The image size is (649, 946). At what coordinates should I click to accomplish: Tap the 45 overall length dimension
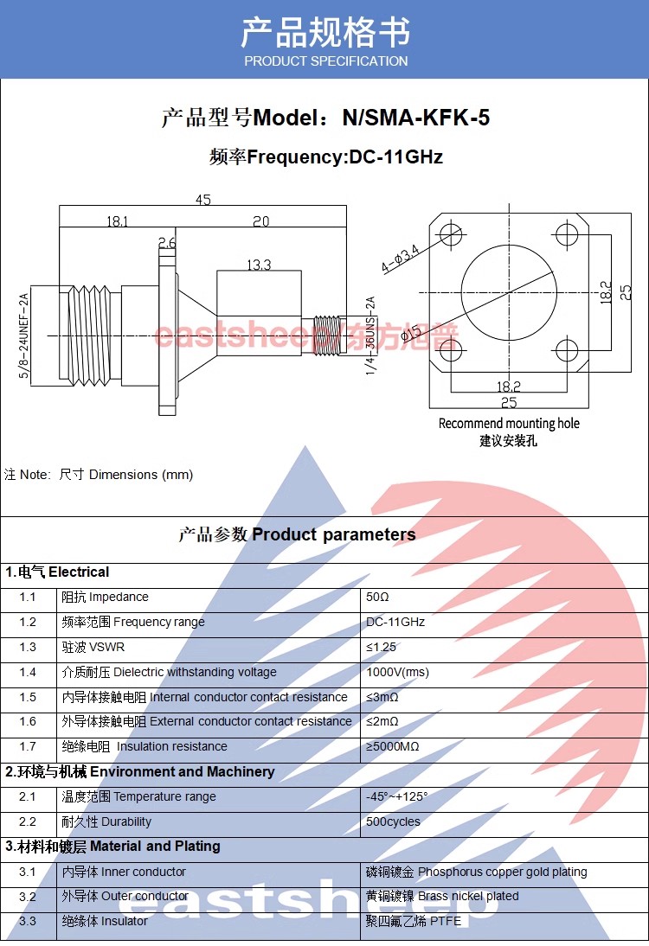click(x=203, y=200)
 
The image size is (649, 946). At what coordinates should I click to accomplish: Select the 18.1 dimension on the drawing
click(x=117, y=221)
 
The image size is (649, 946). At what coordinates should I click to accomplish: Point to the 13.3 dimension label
click(x=259, y=265)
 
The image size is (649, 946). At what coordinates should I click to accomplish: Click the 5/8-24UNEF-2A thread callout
click(x=24, y=336)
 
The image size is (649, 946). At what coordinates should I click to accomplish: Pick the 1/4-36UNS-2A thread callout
click(x=369, y=336)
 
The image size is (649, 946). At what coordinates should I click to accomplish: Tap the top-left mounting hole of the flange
click(x=450, y=233)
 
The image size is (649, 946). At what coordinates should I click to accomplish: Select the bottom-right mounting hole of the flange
click(x=566, y=350)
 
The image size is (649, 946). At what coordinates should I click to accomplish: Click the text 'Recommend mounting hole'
click(x=509, y=424)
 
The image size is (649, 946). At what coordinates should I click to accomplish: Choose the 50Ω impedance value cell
click(x=378, y=597)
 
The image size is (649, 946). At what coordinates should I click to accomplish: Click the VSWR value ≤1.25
click(x=381, y=647)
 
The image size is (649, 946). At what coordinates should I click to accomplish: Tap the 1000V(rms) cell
click(x=397, y=672)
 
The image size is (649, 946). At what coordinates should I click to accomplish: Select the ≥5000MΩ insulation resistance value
click(x=393, y=746)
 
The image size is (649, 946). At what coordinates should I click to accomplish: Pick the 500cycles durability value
click(x=393, y=821)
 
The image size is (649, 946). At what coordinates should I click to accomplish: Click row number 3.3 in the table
click(x=28, y=921)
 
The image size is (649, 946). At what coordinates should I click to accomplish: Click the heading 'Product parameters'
click(x=333, y=534)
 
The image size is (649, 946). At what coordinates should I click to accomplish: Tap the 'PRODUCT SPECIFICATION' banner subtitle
click(x=325, y=61)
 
